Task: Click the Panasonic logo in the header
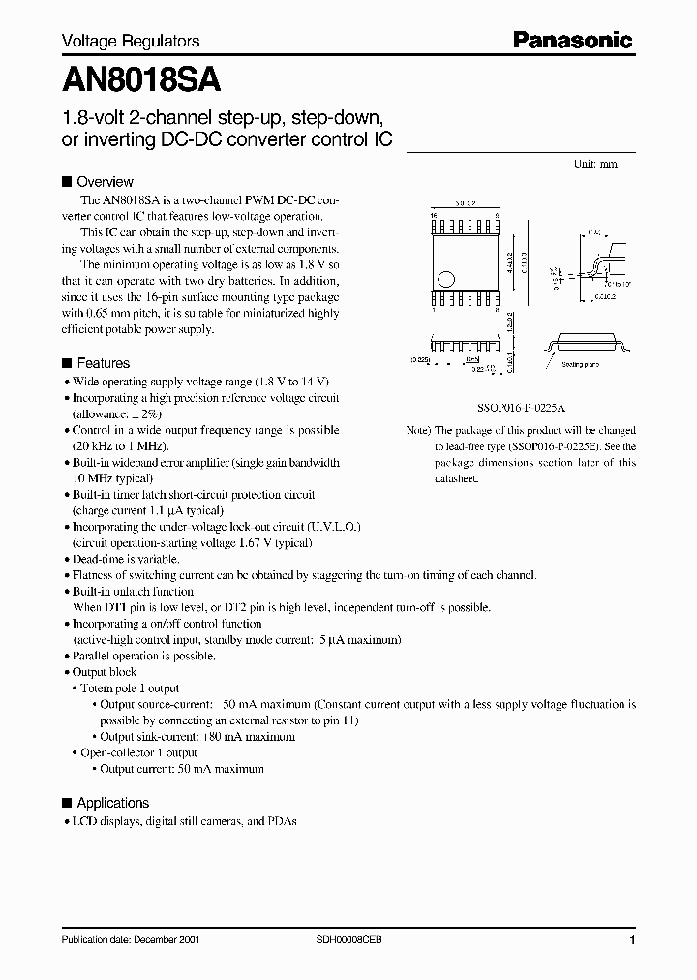[572, 40]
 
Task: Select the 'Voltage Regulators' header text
[131, 41]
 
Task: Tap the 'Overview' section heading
[105, 181]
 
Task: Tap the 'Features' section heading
[103, 363]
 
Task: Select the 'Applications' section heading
[112, 803]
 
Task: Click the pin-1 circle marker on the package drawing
[446, 279]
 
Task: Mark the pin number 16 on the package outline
[435, 217]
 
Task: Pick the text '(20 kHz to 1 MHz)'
[121, 446]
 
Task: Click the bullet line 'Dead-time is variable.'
[126, 559]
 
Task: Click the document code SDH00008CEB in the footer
[349, 940]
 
